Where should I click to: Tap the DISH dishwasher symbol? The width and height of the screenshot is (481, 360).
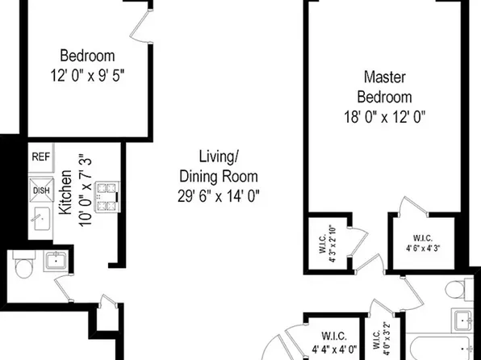click(41, 190)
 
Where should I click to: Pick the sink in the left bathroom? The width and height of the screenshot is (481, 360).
click(56, 260)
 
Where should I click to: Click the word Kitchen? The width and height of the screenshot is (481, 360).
click(66, 191)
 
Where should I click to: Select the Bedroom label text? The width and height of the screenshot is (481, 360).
click(88, 56)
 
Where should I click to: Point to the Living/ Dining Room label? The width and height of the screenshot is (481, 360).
click(218, 166)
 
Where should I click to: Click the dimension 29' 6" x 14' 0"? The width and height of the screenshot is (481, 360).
click(218, 195)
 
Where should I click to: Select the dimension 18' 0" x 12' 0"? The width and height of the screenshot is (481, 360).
click(383, 115)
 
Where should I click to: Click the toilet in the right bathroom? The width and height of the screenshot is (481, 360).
click(458, 287)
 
